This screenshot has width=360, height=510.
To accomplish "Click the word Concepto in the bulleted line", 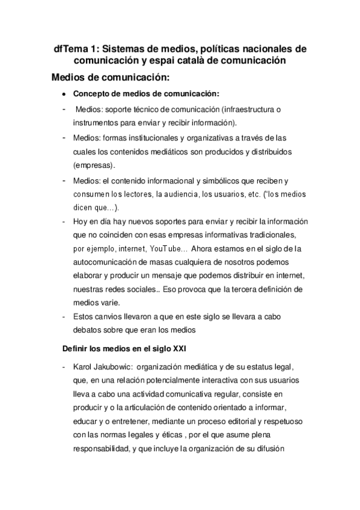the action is pos(90,94).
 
